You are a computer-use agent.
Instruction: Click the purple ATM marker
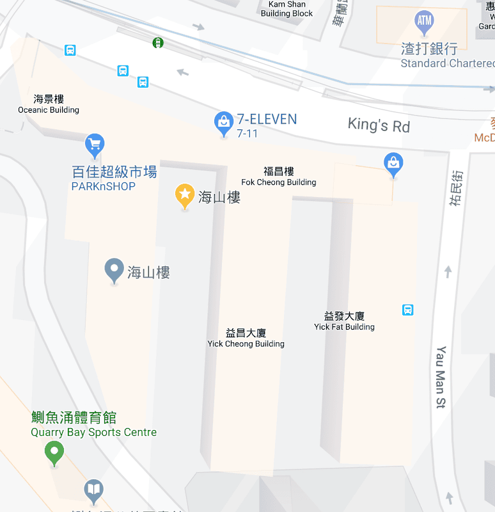coord(425,22)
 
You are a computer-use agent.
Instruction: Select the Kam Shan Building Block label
coord(287,9)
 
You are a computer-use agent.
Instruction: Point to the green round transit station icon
coord(157,43)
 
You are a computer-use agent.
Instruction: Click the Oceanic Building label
coord(49,104)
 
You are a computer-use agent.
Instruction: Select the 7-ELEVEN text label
coord(267,119)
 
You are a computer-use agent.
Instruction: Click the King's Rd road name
coord(379,125)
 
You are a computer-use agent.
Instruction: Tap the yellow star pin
coord(185,195)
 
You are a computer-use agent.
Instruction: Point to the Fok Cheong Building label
coord(279,177)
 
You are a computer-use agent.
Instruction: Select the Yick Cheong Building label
coord(246,338)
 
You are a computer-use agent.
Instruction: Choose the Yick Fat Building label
coord(344,321)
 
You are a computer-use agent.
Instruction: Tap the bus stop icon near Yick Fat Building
coord(407,310)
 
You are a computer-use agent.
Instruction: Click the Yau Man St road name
coord(441,378)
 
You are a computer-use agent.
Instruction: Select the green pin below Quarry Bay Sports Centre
coord(54,453)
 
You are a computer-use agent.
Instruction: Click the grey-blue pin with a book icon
coord(93,491)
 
